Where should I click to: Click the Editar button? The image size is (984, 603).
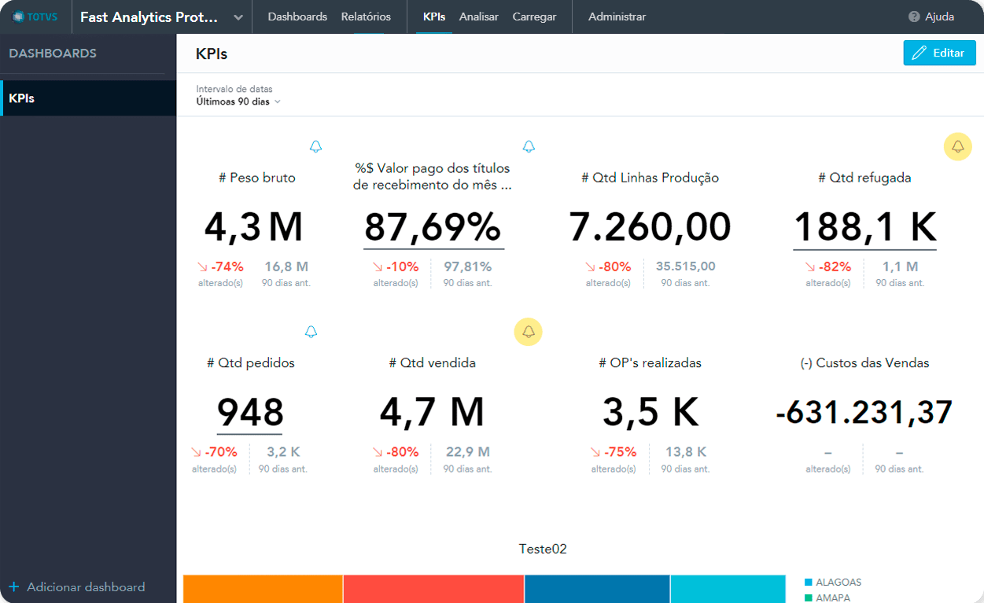click(x=939, y=53)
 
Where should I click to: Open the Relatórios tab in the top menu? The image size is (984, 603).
click(x=366, y=17)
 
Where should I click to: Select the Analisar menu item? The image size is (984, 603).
click(x=478, y=17)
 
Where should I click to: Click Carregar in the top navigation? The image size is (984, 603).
click(x=534, y=17)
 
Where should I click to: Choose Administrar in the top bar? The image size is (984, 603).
click(x=617, y=17)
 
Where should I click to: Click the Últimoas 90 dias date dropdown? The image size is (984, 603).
click(x=238, y=101)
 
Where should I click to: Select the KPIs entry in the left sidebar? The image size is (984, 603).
click(x=22, y=98)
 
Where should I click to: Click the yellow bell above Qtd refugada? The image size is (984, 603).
click(x=957, y=146)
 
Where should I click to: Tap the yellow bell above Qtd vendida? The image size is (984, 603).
click(x=529, y=332)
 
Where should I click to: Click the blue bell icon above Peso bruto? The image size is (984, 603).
click(x=315, y=147)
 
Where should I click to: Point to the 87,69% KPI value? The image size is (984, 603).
click(x=433, y=227)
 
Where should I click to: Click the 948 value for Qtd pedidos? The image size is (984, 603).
click(x=250, y=413)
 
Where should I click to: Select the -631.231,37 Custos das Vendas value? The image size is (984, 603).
click(x=864, y=412)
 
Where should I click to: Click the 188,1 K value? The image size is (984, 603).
click(x=864, y=227)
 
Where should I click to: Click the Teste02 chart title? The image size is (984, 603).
click(x=543, y=549)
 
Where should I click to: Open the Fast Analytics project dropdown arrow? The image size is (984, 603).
click(x=238, y=17)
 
